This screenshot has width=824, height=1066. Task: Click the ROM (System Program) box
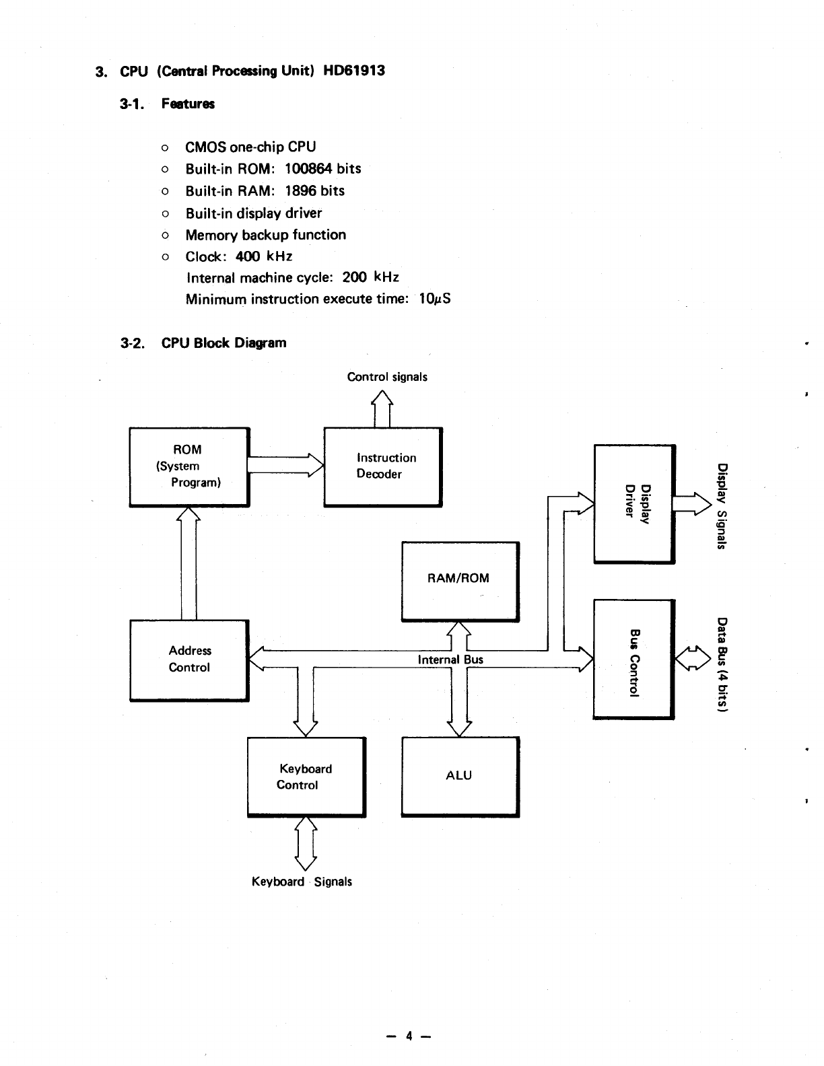188,466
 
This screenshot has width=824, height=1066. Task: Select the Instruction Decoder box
382,466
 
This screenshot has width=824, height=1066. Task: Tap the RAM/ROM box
460,581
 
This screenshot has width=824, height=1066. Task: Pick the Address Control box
188,660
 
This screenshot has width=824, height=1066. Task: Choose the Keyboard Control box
306,777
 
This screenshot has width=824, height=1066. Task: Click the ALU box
460,777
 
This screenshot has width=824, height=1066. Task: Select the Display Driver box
633,503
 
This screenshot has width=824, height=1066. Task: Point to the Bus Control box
633,659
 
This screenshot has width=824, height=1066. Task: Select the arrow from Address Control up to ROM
188,563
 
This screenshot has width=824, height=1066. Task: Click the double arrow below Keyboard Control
306,843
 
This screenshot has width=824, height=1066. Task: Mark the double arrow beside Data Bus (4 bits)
693,658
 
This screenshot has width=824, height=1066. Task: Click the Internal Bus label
450,660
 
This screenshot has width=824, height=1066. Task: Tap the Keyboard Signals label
302,882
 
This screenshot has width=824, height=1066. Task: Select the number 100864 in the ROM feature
308,169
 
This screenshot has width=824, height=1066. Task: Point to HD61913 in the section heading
354,71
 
